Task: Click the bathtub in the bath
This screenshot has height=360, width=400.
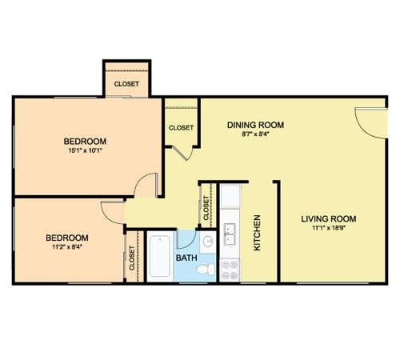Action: tap(159, 256)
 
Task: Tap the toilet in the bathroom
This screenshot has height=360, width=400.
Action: tap(206, 269)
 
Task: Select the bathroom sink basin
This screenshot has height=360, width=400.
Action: tap(208, 242)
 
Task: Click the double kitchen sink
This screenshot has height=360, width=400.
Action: tap(230, 234)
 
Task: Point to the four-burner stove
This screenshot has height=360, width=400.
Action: tap(230, 270)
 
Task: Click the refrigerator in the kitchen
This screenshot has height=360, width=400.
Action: tap(230, 196)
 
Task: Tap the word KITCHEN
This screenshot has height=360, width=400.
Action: tap(257, 233)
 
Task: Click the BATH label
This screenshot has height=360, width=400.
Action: tap(186, 258)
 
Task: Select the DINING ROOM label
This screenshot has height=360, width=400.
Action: tap(255, 125)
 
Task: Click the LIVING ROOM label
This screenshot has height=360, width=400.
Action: tap(329, 219)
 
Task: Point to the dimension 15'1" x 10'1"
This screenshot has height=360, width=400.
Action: tap(86, 150)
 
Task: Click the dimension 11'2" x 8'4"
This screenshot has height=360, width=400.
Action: tap(67, 247)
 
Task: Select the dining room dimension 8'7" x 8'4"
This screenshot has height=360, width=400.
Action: tap(255, 134)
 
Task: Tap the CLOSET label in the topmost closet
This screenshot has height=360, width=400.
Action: tap(126, 84)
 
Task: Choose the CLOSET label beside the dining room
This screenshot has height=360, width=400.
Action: tap(181, 128)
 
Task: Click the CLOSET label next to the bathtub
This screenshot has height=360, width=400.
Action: tap(132, 258)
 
